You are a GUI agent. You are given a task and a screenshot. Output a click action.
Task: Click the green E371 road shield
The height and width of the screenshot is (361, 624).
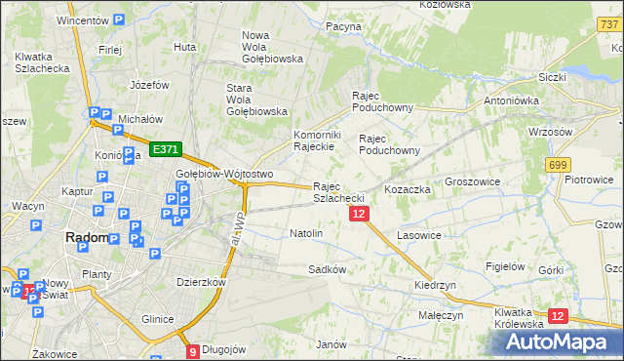(165, 149)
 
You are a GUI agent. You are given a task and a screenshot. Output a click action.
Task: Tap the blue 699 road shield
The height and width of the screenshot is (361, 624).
(558, 165)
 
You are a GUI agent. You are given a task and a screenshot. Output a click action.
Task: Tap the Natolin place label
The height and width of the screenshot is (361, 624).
(306, 234)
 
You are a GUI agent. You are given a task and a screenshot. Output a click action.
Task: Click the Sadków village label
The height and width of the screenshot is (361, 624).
(328, 268)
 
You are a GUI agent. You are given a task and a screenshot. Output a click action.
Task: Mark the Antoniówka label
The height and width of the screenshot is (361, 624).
(512, 100)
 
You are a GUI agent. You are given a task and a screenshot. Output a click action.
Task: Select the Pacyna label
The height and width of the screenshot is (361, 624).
(344, 27)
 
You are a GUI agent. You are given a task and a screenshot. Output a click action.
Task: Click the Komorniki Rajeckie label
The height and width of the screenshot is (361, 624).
(315, 140)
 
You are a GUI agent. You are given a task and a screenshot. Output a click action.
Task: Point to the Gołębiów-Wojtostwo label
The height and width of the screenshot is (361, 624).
(223, 174)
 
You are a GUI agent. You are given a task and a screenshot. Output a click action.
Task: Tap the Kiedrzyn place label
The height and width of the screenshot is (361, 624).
(435, 285)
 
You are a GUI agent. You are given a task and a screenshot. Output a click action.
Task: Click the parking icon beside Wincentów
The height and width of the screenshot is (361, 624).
(119, 20)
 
